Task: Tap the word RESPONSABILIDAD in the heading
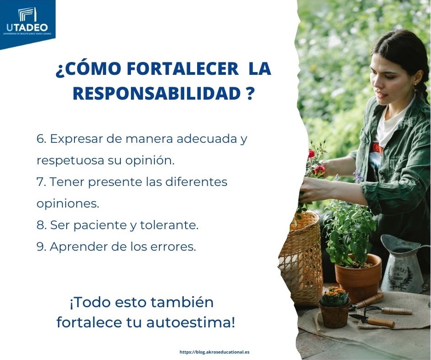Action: (157, 94)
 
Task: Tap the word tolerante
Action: (169, 225)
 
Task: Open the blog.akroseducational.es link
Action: (215, 352)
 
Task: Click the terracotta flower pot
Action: (357, 277)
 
